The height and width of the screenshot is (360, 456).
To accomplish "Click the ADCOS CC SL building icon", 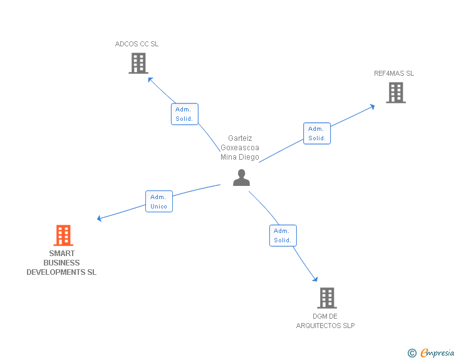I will point(138,63).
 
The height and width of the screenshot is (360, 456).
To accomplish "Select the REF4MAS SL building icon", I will point(395,93).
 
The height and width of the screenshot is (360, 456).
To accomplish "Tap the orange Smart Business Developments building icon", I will point(63,235).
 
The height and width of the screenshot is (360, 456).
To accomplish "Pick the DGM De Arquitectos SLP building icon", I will point(326,298).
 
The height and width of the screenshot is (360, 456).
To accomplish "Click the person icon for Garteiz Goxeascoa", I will point(241,178).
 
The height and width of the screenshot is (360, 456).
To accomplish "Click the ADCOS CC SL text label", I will point(137,44).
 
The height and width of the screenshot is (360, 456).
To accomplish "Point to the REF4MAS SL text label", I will point(394,73).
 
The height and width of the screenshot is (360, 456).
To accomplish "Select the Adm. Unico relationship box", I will point(159,202).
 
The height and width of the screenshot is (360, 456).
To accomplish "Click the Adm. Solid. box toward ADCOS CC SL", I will point(184,114).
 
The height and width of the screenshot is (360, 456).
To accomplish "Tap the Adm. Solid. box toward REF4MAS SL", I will point(317,133).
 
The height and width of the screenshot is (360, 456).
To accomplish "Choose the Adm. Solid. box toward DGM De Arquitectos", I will point(282,235).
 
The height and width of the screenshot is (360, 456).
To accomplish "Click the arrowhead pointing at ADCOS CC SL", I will point(150,79).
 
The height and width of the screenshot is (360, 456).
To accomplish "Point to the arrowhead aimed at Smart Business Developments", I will point(100,219).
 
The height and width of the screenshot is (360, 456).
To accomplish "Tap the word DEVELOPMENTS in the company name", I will point(61,272).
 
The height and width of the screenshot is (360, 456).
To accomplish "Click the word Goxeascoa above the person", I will point(239,148).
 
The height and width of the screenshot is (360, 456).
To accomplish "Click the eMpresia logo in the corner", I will point(437,352).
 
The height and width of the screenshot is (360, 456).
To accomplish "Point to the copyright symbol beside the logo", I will point(412,353).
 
